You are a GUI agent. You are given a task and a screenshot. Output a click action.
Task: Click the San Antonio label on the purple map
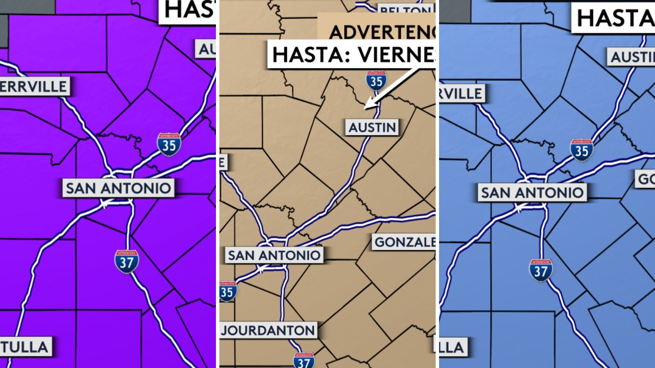click(x=118, y=188)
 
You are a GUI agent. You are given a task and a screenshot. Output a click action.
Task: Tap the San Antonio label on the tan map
click(x=274, y=255)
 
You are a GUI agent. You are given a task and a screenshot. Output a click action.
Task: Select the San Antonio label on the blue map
click(x=532, y=193)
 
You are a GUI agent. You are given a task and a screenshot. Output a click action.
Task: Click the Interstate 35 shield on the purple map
click(x=169, y=145)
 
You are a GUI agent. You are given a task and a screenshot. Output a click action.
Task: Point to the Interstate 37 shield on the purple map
click(x=127, y=262)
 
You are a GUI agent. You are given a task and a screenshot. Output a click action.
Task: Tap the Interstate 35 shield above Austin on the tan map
click(x=376, y=81)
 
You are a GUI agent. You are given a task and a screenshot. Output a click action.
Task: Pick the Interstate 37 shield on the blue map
click(x=541, y=271)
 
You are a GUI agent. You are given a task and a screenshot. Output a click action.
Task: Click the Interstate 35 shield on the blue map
click(x=582, y=150)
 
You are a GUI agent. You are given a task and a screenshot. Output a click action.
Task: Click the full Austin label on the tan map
click(x=372, y=127)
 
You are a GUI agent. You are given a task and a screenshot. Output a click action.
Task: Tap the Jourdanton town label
click(x=268, y=330)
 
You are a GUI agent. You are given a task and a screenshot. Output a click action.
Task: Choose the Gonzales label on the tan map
click(x=404, y=242)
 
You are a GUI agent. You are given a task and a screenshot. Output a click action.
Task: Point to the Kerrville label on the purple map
click(x=34, y=87)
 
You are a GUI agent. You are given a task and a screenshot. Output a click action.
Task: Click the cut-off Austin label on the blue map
click(x=631, y=57)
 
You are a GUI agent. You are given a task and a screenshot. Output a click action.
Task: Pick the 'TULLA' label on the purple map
click(x=25, y=347)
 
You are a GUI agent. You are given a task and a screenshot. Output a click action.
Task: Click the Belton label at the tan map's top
click(x=406, y=10)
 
